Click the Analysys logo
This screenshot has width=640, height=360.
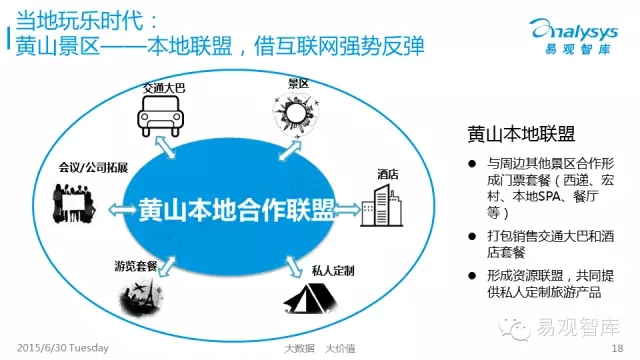click(x=573, y=36)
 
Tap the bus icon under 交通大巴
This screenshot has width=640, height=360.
click(x=160, y=116)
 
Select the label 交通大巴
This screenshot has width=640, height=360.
click(x=164, y=88)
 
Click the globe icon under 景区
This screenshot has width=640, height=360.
click(x=296, y=113)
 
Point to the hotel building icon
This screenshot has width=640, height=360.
click(x=382, y=206)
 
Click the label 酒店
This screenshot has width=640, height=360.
click(x=388, y=174)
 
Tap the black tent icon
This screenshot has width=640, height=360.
click(x=311, y=299)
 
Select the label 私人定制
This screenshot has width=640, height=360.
click(x=333, y=270)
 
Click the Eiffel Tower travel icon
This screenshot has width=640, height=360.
click(x=141, y=298)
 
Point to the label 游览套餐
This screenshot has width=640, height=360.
click(x=136, y=266)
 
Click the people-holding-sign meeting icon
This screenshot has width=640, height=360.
click(x=74, y=204)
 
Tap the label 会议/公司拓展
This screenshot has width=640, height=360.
click(x=93, y=167)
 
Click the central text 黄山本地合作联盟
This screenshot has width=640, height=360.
click(x=236, y=210)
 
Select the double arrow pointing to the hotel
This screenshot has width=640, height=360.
click(x=347, y=210)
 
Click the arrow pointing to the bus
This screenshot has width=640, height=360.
click(x=165, y=147)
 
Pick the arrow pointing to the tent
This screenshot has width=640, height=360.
click(x=293, y=267)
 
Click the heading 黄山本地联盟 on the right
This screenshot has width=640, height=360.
click(x=521, y=134)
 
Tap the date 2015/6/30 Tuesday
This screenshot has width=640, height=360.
click(x=62, y=348)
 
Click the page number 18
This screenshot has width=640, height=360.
click(x=617, y=348)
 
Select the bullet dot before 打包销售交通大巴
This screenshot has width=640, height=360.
click(x=472, y=236)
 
